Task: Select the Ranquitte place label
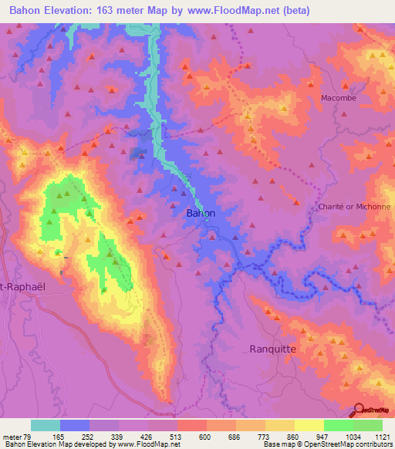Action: (x=273, y=349)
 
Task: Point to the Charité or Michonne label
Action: (x=354, y=207)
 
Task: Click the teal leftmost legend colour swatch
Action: (x=46, y=425)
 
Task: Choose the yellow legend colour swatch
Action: (x=309, y=425)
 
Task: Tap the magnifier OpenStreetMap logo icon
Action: (x=358, y=410)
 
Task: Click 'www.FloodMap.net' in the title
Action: (x=255, y=10)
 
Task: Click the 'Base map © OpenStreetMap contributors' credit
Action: (x=327, y=444)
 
